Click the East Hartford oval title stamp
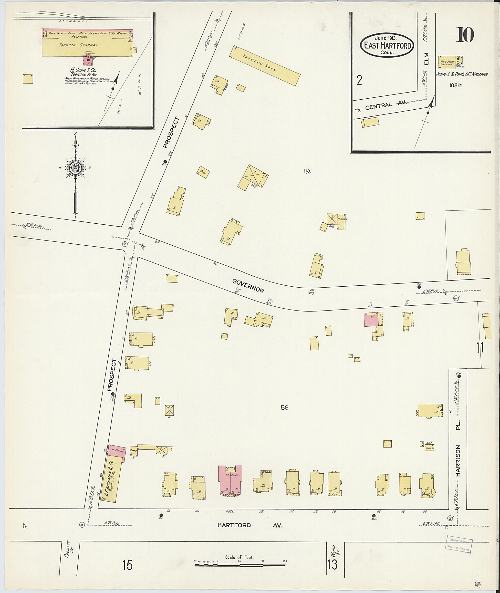(x=387, y=45)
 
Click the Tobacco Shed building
(x=264, y=66)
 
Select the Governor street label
(x=248, y=285)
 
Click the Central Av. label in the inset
(x=385, y=106)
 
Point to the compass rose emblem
(x=76, y=168)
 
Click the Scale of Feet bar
(x=240, y=565)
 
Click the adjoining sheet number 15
(x=127, y=565)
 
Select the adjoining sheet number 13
(x=332, y=564)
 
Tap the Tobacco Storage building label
(x=79, y=45)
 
